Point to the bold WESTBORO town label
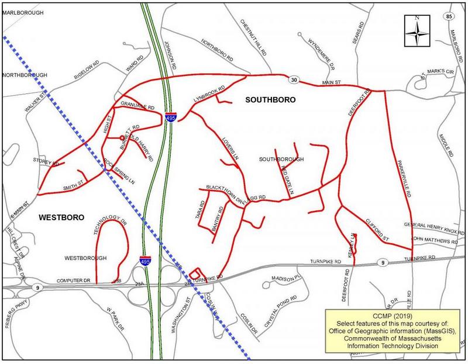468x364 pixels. tap(61, 217)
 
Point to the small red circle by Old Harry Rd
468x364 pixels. tap(122, 138)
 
